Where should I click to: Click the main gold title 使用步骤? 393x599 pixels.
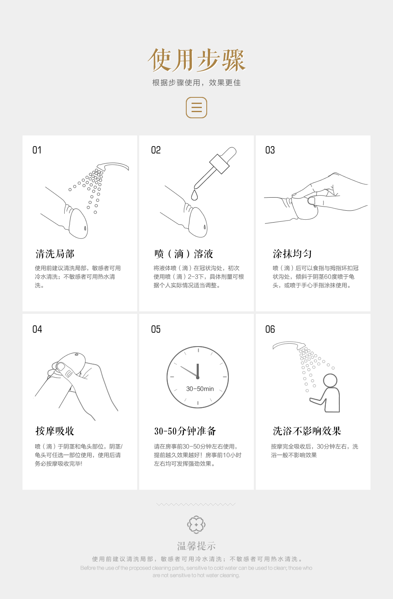tap(196, 60)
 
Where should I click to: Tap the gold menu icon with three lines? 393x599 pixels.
tap(196, 108)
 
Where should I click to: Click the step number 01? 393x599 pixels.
tap(37, 150)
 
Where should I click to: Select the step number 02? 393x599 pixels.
tap(156, 150)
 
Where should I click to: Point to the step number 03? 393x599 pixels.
tap(270, 150)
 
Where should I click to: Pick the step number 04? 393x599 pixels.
tap(37, 329)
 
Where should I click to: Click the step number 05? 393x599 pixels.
tap(156, 329)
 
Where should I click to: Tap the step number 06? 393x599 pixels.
tap(270, 329)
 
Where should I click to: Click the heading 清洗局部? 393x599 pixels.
tap(55, 254)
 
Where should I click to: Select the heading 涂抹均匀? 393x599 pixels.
tap(292, 254)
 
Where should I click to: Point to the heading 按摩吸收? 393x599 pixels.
tap(55, 431)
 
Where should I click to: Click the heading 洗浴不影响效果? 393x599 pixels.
tap(307, 431)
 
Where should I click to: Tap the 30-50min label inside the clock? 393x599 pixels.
tap(200, 389)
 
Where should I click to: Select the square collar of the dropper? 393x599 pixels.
tap(219, 164)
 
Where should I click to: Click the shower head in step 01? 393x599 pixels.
tap(113, 167)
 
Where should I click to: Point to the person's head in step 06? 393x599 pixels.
tap(330, 380)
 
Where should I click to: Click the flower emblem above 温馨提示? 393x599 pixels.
tap(196, 525)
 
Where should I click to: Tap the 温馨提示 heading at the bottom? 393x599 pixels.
tap(196, 546)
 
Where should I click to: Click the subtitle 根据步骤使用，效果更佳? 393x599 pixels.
tap(196, 83)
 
